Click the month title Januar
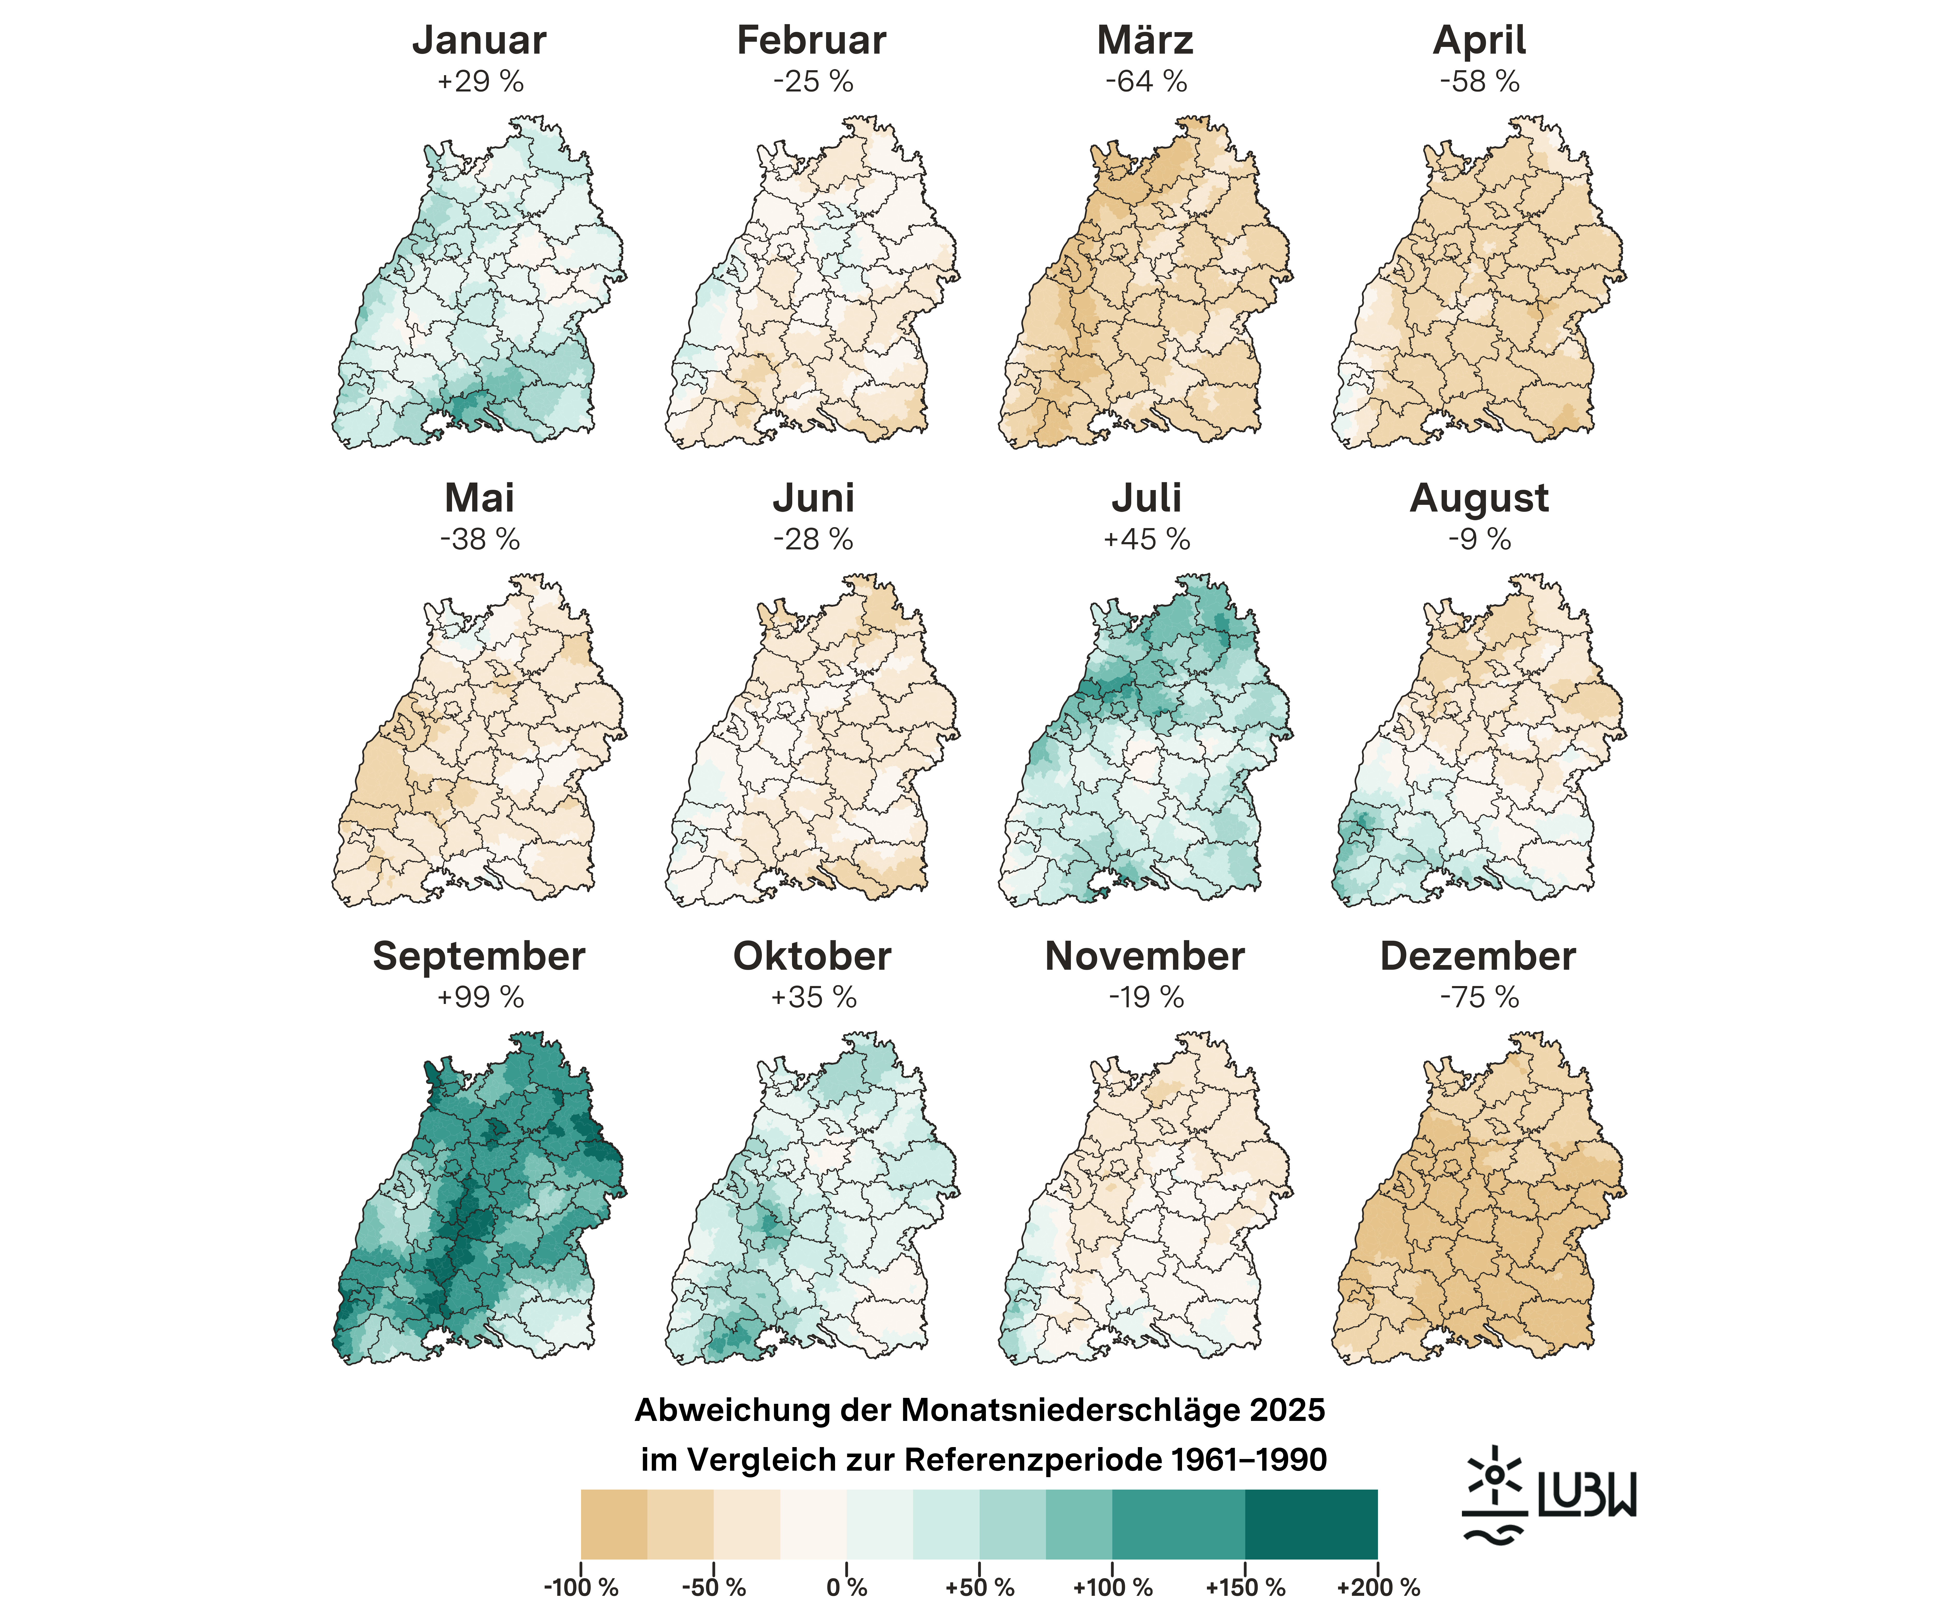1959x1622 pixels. [479, 40]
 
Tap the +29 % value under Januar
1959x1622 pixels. [479, 82]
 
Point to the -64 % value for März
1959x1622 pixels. [1145, 82]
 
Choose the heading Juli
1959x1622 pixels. [1145, 498]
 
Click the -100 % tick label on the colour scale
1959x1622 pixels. [580, 1588]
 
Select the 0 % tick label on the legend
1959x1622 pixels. [846, 1588]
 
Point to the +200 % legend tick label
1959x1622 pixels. [1378, 1588]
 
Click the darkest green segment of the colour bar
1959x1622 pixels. [1311, 1524]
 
